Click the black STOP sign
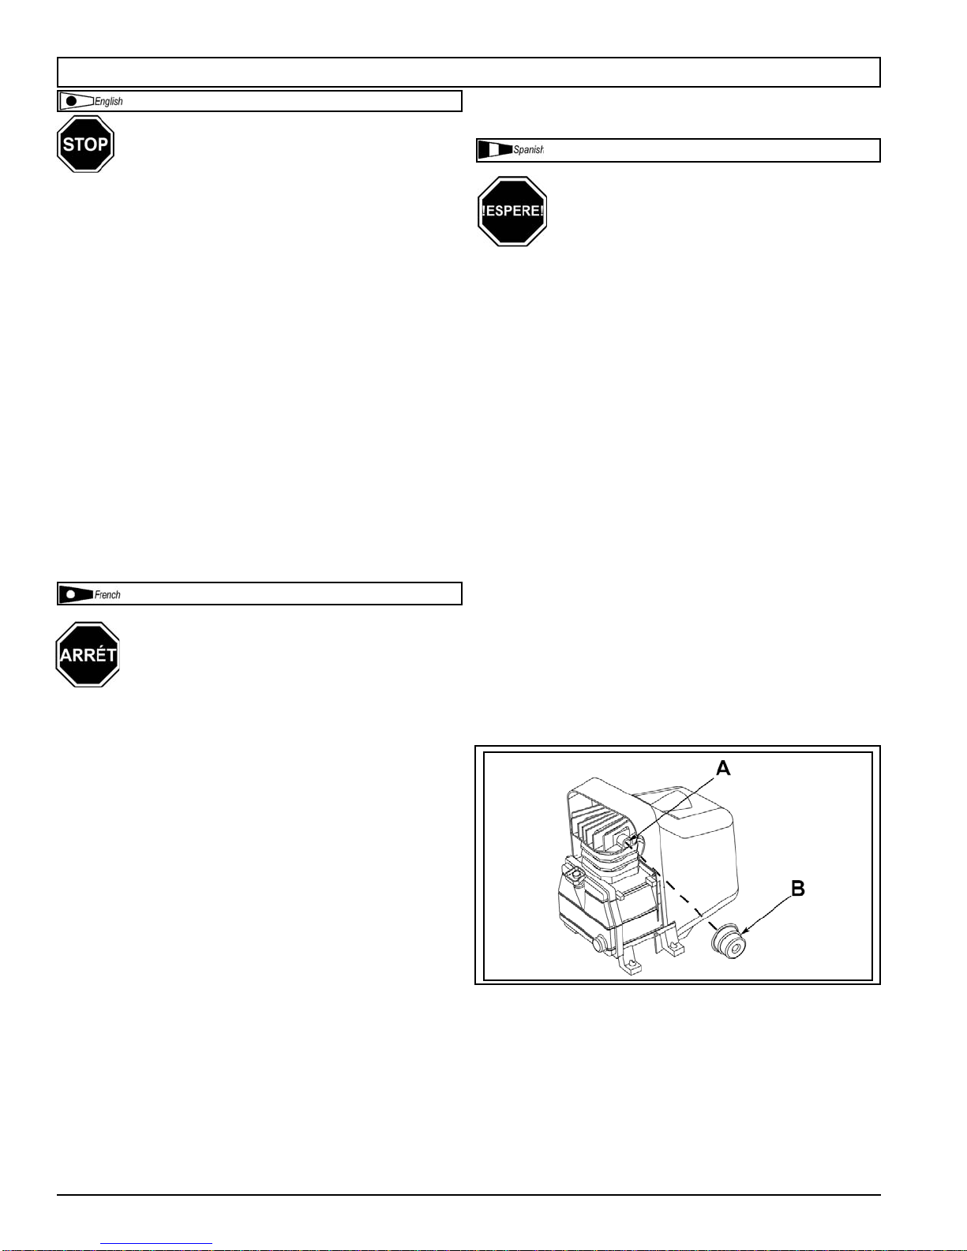pyautogui.click(x=85, y=144)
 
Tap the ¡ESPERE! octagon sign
pyautogui.click(x=512, y=212)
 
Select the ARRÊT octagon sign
pyautogui.click(x=88, y=654)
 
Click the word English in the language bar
pyautogui.click(x=109, y=102)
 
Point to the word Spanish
pyautogui.click(x=528, y=150)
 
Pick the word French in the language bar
pyautogui.click(x=107, y=595)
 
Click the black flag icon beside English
pyautogui.click(x=76, y=101)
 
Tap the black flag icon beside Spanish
pyautogui.click(x=495, y=150)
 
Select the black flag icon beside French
pyautogui.click(x=76, y=594)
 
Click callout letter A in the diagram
pyautogui.click(x=723, y=768)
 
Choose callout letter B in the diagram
pyautogui.click(x=798, y=889)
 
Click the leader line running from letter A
pyautogui.click(x=679, y=806)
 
